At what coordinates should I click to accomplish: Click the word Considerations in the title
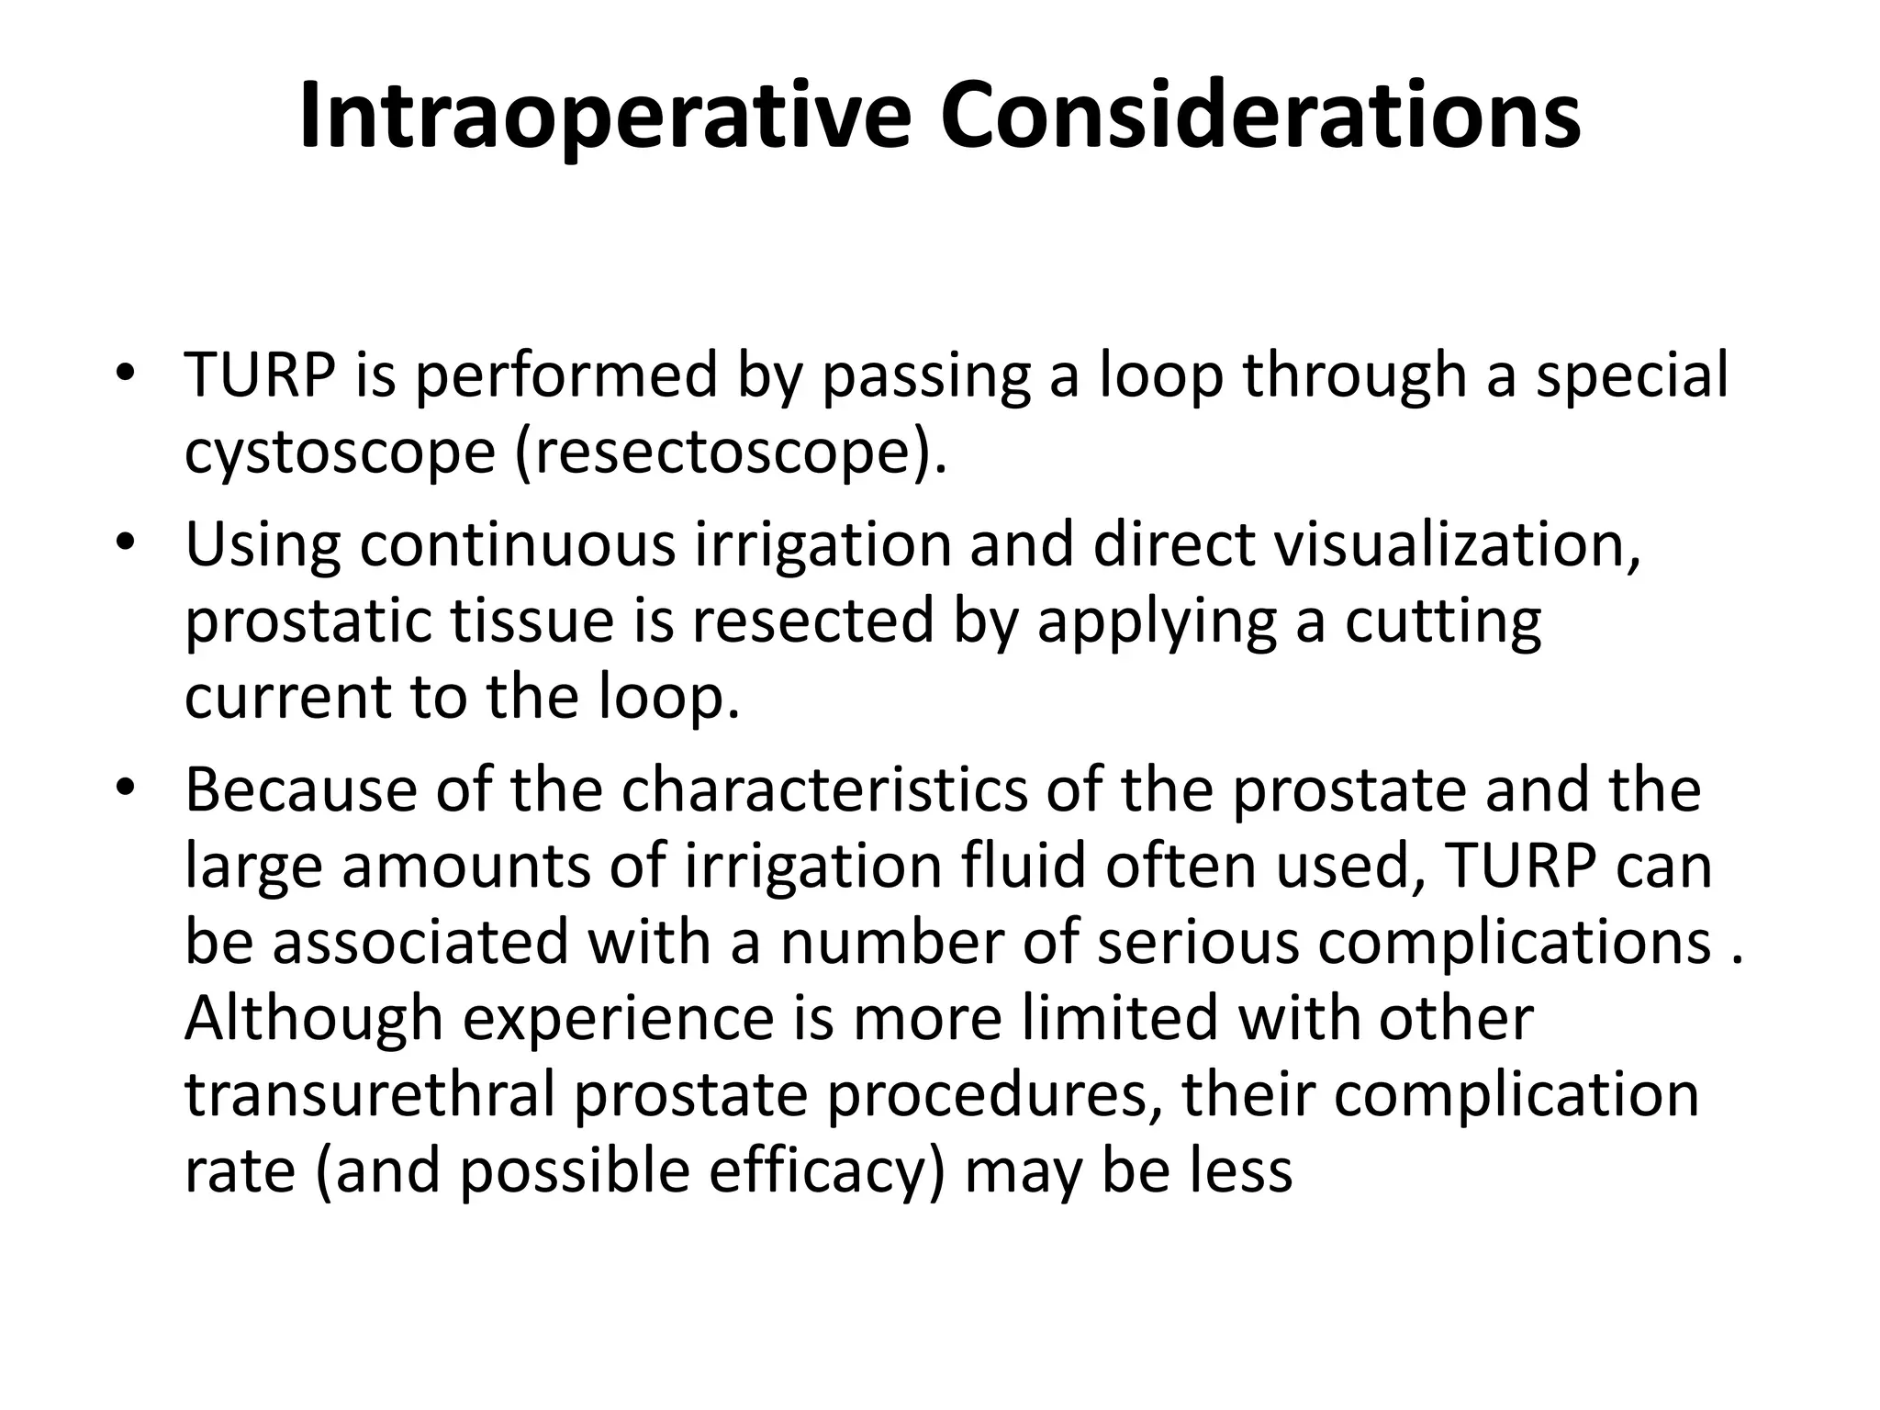click(x=1259, y=117)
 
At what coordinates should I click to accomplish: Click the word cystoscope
click(x=340, y=452)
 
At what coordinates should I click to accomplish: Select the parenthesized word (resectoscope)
click(x=731, y=452)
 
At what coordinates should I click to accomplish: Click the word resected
click(x=813, y=621)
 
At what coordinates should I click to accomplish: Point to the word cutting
click(x=1442, y=621)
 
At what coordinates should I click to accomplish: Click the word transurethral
click(x=369, y=1094)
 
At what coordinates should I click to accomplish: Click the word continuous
click(x=517, y=543)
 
